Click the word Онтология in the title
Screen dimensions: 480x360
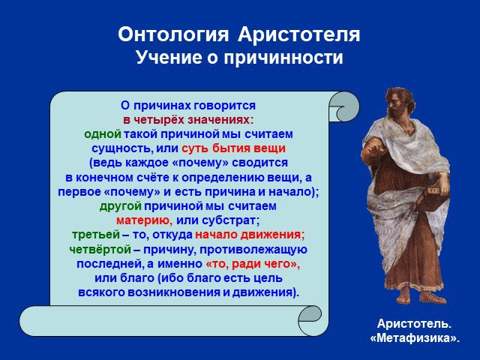point(173,34)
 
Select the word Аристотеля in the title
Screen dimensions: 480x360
point(298,35)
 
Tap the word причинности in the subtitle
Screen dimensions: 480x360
point(283,58)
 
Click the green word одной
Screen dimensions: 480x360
point(103,134)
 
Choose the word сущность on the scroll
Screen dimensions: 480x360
point(121,148)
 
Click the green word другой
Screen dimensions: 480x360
point(120,206)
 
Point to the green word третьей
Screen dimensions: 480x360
point(96,235)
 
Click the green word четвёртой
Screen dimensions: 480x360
point(100,249)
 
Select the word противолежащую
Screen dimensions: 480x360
point(253,250)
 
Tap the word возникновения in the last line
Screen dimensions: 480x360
point(174,292)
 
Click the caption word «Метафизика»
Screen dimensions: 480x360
point(415,338)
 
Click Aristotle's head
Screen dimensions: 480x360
point(400,102)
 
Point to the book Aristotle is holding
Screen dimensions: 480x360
point(434,196)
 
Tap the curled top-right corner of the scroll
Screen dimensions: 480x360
point(343,106)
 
